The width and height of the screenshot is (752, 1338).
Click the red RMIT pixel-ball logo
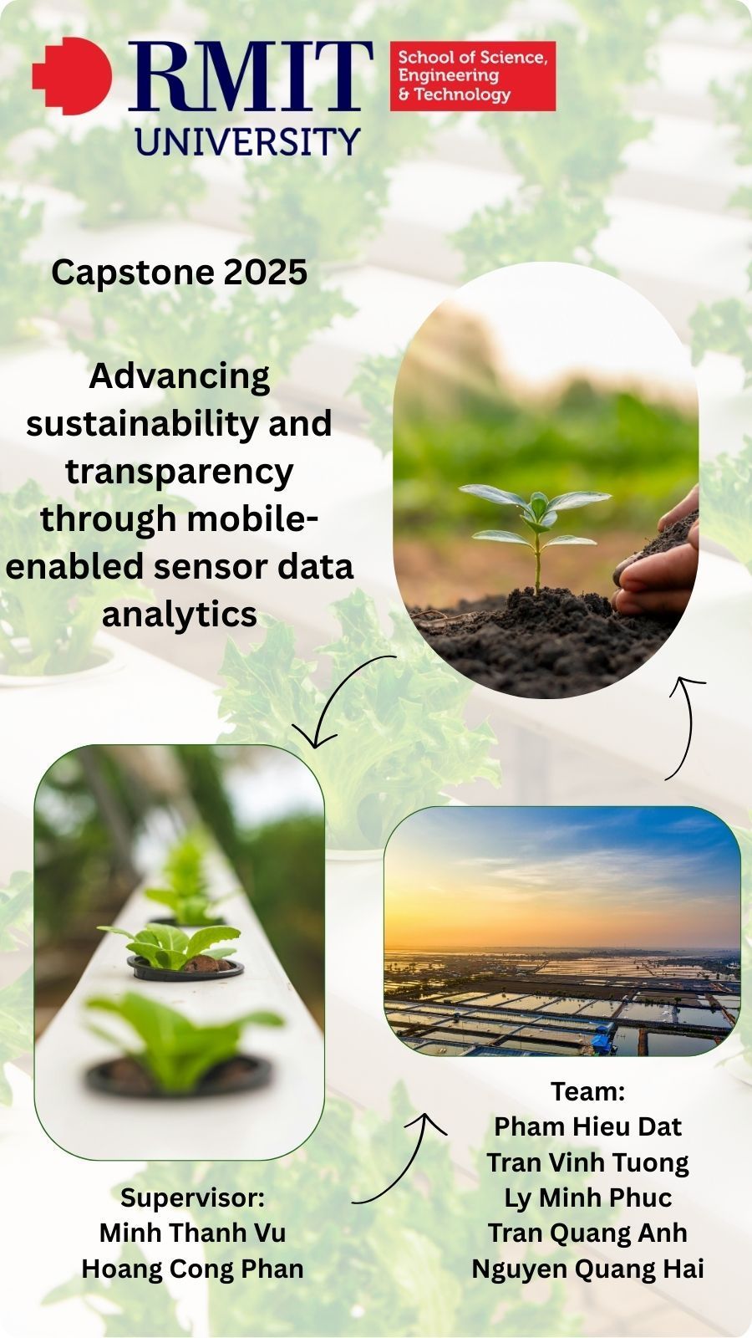72,76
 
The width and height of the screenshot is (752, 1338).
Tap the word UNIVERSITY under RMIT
247,141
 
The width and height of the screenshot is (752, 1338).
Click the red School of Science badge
473,76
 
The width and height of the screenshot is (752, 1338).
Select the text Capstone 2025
180,273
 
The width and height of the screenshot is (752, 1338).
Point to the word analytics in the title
180,614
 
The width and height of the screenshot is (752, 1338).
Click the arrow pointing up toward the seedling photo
689,726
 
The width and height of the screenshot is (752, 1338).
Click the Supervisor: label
192,1197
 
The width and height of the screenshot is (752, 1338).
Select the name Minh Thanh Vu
192,1233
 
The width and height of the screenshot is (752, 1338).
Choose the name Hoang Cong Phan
192,1269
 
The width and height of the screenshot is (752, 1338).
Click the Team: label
588,1091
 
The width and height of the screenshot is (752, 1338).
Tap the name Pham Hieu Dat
588,1126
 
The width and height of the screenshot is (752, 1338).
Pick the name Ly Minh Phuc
588,1198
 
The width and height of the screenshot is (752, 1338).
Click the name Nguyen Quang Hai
588,1269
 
